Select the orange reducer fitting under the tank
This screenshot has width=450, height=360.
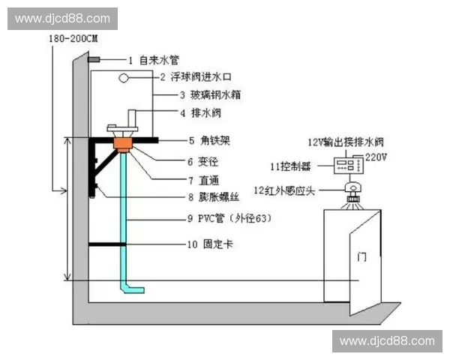[x=123, y=143]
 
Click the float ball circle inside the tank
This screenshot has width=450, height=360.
[x=124, y=77]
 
